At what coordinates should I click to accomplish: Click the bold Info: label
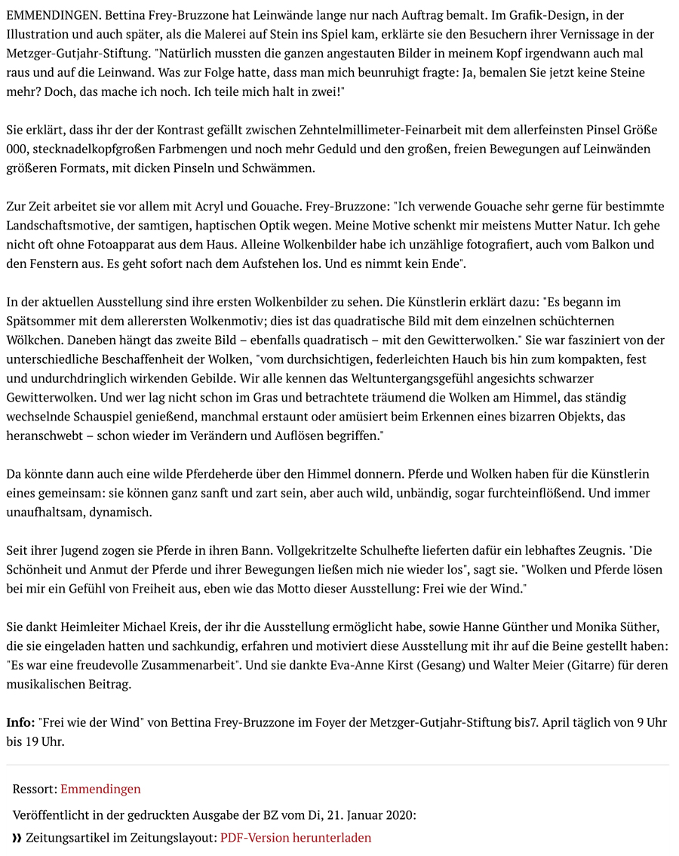click(x=20, y=723)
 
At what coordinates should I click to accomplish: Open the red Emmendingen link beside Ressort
click(x=100, y=789)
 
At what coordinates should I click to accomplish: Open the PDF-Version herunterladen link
click(x=296, y=838)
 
